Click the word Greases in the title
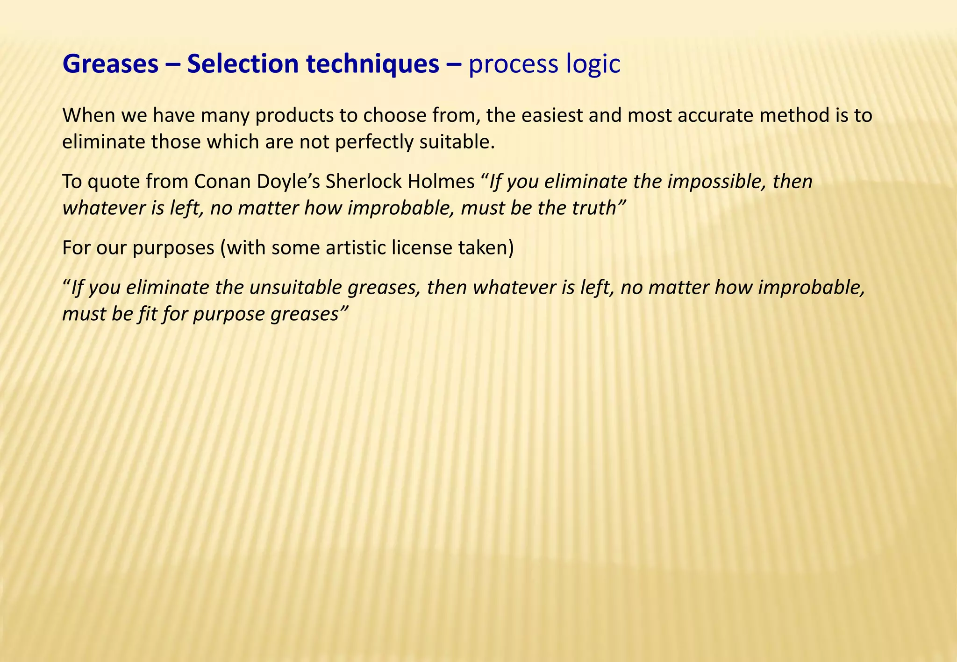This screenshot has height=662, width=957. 110,64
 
